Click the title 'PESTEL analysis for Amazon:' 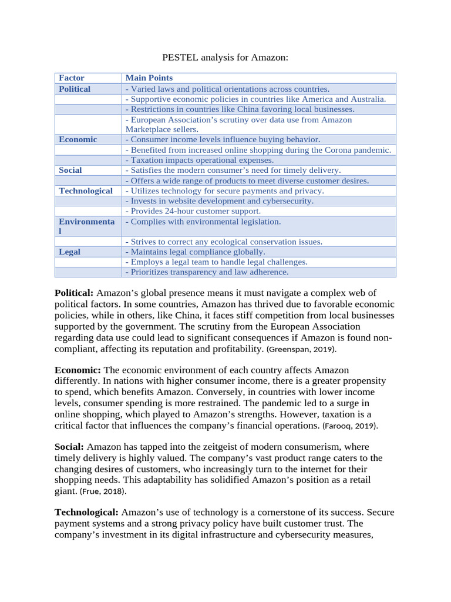coord(225,58)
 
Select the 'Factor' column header coord(72,78)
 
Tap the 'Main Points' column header coord(149,78)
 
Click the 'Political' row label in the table coord(75,89)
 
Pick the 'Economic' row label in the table coord(78,139)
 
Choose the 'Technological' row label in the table coord(86,190)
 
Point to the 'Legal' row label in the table coord(70,252)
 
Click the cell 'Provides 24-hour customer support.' coord(193,211)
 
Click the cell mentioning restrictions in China coord(240,109)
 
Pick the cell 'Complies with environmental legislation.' coord(203,222)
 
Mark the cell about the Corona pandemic coord(258,150)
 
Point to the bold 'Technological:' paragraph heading coord(86,513)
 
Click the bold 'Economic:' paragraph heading coord(78,370)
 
